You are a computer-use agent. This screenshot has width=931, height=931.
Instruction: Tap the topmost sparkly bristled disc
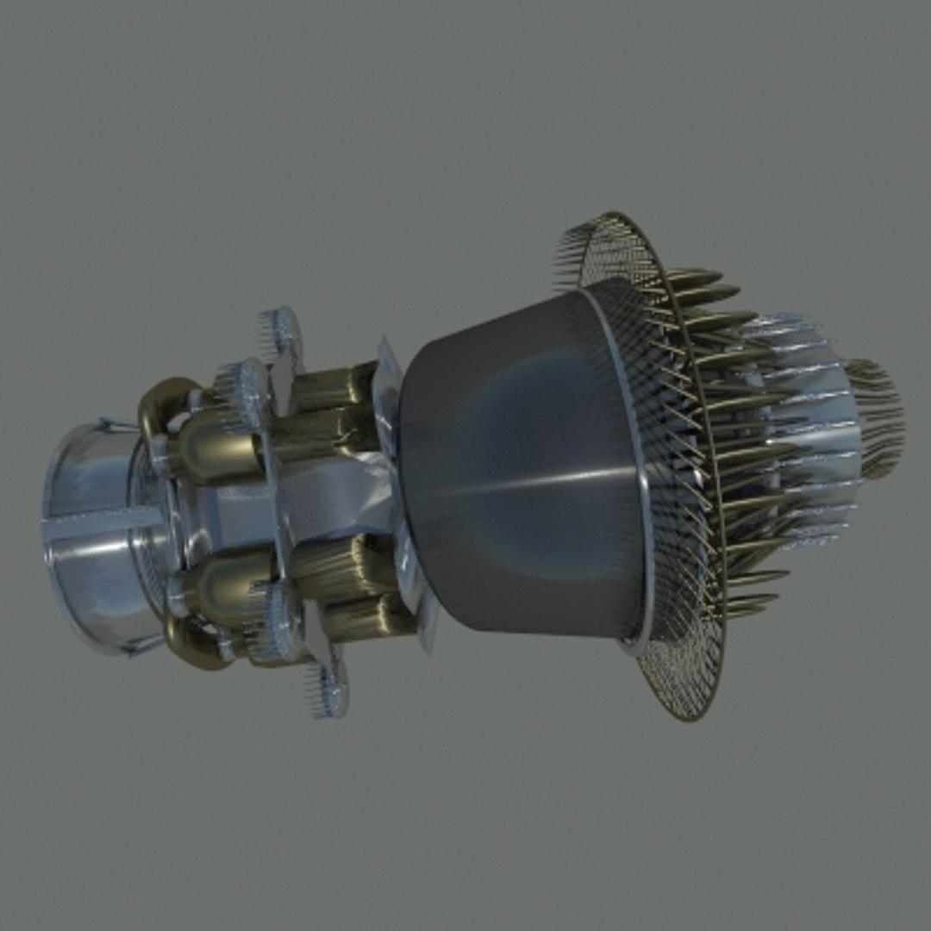pyautogui.click(x=281, y=333)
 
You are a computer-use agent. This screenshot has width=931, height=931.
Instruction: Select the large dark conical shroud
pyautogui.click(x=517, y=465)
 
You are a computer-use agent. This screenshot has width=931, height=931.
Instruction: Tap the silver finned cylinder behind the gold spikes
pyautogui.click(x=810, y=414)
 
